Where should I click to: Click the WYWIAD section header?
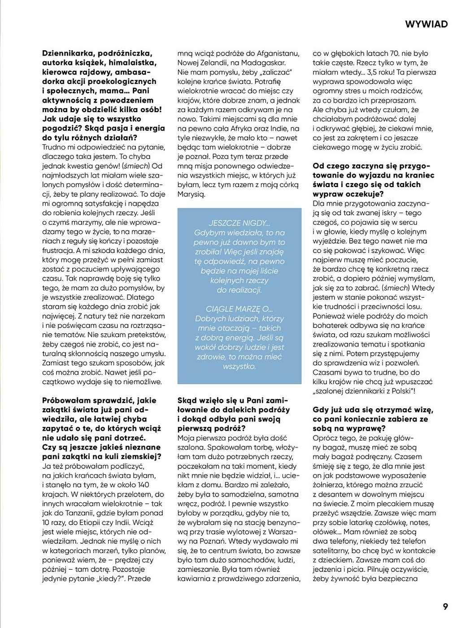pos(426,24)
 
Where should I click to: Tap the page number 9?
pos(445,606)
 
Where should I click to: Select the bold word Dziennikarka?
pos(67,53)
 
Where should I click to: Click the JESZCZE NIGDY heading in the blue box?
pos(239,223)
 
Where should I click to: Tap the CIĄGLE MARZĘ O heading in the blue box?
pos(239,309)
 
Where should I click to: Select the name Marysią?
pos(191,194)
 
